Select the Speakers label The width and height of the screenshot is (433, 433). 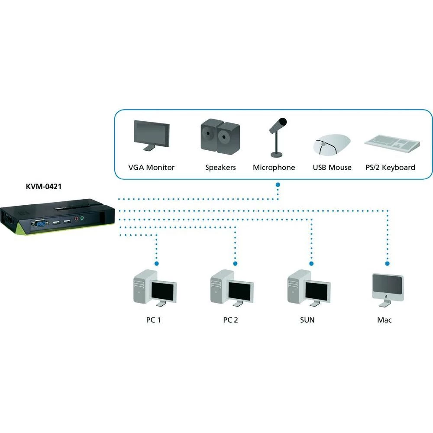coord(220,168)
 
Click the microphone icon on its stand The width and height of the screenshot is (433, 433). coord(277,136)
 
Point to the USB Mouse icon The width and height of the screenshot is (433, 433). coord(332,144)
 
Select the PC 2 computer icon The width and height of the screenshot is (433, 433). coord(232,288)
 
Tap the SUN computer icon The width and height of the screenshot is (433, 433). coord(309,288)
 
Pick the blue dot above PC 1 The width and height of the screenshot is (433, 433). coord(156,263)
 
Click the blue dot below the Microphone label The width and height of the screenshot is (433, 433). coord(278,185)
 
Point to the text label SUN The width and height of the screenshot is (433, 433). coord(307,320)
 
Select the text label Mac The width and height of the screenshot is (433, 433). coord(384,320)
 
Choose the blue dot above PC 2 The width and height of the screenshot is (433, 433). coord(235,263)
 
